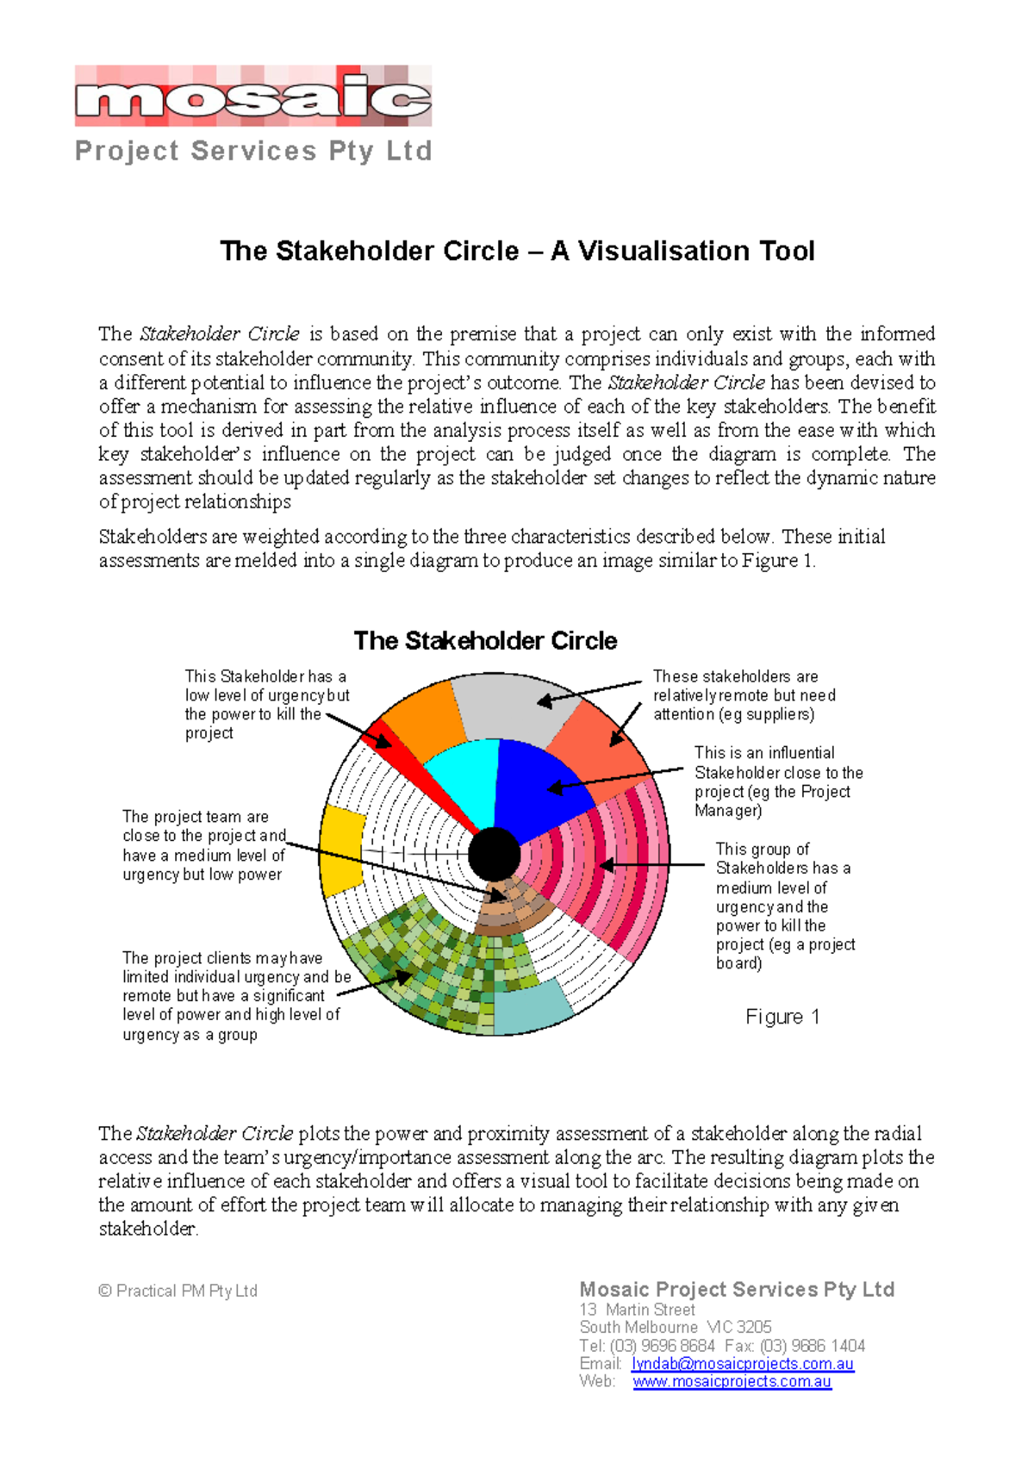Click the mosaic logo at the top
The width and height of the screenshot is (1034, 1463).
point(252,97)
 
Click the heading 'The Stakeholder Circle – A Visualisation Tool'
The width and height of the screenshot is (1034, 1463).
point(517,251)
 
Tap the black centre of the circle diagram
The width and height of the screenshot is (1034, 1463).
point(495,854)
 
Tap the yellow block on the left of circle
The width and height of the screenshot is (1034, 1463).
point(342,849)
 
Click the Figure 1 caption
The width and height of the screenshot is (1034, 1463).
point(782,1017)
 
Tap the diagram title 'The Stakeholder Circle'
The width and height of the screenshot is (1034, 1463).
point(485,641)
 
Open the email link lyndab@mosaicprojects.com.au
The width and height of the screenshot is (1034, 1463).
point(742,1364)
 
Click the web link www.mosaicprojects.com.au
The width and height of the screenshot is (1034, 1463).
point(732,1382)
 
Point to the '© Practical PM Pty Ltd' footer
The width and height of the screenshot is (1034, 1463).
point(178,1291)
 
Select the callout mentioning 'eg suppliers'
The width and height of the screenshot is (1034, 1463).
point(744,695)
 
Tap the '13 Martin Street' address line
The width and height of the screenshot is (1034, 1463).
point(637,1310)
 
